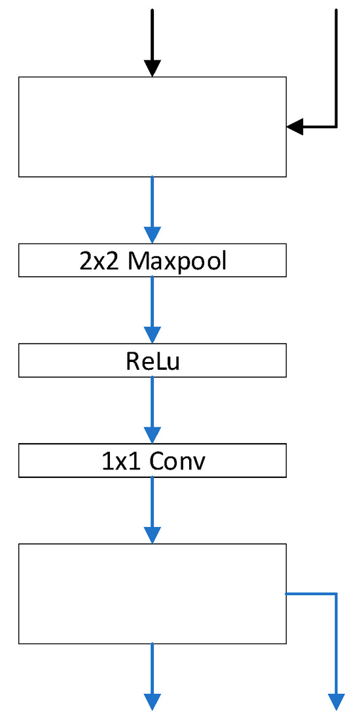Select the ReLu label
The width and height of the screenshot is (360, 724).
tap(153, 361)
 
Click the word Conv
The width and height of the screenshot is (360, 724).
tap(177, 462)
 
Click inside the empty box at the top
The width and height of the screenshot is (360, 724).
tap(152, 126)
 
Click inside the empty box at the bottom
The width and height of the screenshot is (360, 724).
tap(152, 593)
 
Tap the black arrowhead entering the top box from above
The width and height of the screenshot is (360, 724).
tap(152, 68)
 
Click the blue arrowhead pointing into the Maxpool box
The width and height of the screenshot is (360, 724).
tap(152, 235)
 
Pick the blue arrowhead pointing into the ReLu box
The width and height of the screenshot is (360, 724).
tap(152, 335)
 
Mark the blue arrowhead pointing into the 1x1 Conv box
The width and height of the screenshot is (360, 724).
tap(152, 435)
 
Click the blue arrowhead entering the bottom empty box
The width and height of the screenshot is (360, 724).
tap(152, 535)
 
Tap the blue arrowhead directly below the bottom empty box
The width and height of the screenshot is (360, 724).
tap(152, 702)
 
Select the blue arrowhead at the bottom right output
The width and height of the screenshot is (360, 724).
tap(336, 702)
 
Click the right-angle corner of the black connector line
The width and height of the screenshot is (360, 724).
tap(336, 126)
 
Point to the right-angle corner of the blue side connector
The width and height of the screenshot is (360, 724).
tap(336, 594)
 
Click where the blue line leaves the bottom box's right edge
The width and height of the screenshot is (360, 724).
tap(287, 594)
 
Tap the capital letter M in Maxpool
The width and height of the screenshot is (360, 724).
tap(139, 261)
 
